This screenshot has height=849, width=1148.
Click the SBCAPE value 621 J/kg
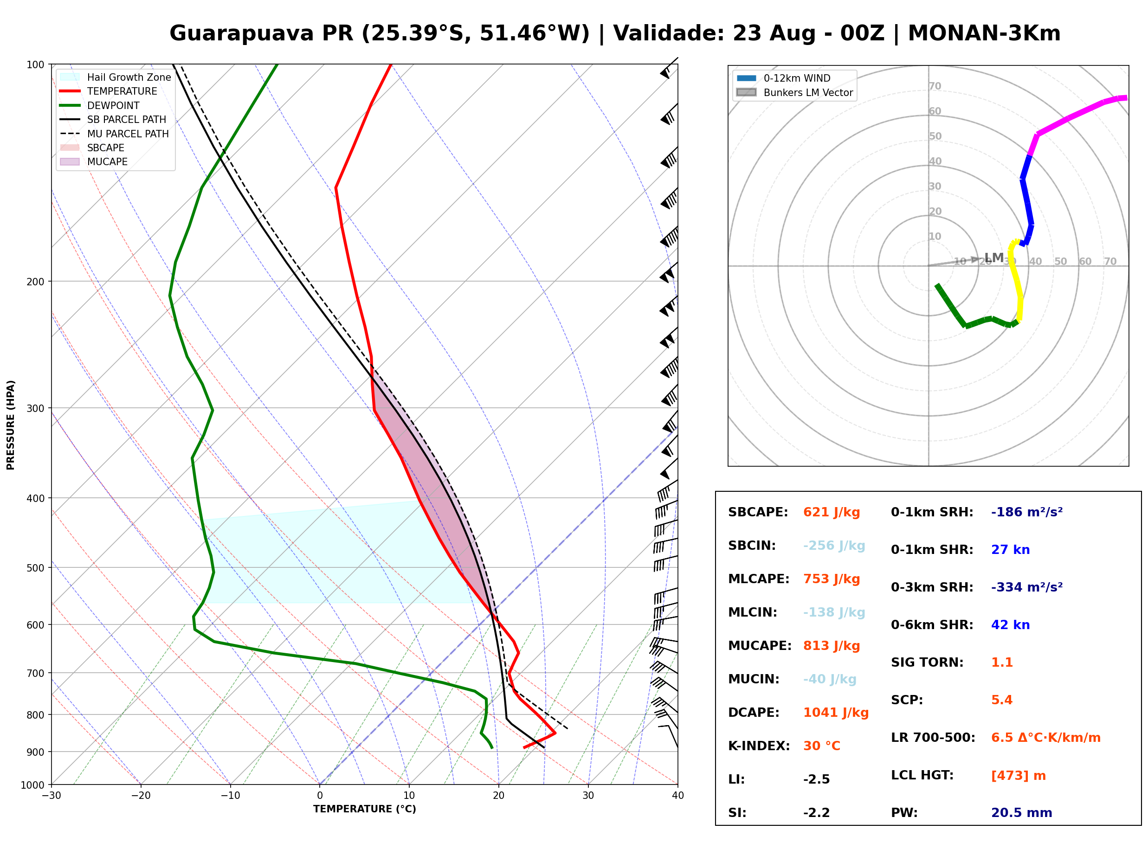pyautogui.click(x=832, y=512)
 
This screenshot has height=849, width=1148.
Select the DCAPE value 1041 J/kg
pyautogui.click(x=836, y=713)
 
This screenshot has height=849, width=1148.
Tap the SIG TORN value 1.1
pyautogui.click(x=1001, y=662)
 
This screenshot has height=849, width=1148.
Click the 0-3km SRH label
pyautogui.click(x=932, y=587)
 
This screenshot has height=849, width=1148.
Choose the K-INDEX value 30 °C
pyautogui.click(x=822, y=746)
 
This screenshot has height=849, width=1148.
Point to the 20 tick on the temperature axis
pyautogui.click(x=498, y=796)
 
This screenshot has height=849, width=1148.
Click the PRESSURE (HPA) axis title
pyautogui.click(x=11, y=425)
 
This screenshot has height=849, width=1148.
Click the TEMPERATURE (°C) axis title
pyautogui.click(x=364, y=810)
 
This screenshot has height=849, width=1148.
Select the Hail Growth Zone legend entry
pyautogui.click(x=116, y=77)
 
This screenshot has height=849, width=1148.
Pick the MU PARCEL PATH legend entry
pyautogui.click(x=114, y=134)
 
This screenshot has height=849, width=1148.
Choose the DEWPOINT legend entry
pyautogui.click(x=100, y=105)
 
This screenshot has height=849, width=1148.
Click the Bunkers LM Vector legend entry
pyautogui.click(x=794, y=92)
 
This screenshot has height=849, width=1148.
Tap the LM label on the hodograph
pyautogui.click(x=994, y=257)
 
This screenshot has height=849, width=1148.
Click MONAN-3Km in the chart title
pyautogui.click(x=984, y=33)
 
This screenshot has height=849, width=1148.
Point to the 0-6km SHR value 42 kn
pyautogui.click(x=1010, y=625)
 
